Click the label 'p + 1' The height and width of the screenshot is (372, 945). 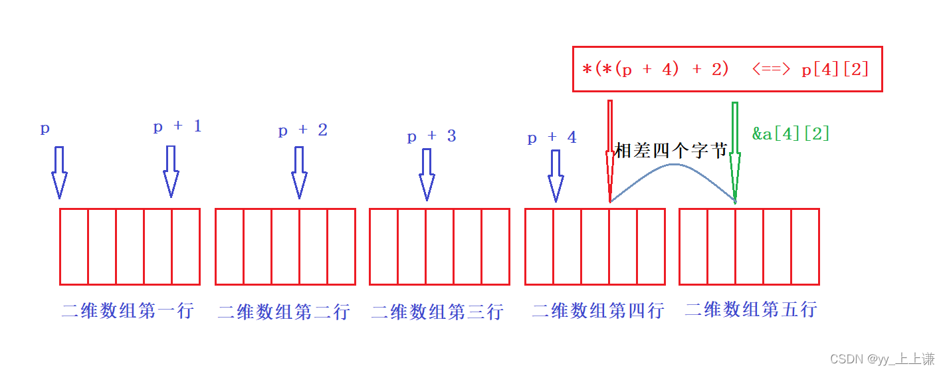click(177, 127)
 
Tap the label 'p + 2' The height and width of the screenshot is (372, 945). click(302, 130)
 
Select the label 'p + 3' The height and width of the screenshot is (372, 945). click(431, 137)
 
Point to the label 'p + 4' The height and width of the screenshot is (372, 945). click(552, 138)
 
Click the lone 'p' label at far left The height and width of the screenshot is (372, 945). click(45, 129)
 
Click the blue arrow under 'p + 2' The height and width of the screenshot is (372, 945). click(299, 172)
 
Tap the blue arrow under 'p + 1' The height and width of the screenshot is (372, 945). click(171, 171)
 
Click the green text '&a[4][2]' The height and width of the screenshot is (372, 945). click(791, 134)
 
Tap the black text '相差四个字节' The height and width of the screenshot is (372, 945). click(671, 151)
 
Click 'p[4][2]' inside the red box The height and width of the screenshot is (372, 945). click(835, 69)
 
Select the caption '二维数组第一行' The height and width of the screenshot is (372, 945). click(128, 310)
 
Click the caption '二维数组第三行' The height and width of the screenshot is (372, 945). click(437, 312)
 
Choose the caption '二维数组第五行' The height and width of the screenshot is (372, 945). click(751, 310)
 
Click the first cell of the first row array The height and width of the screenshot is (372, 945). click(74, 246)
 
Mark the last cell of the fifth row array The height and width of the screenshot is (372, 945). click(805, 246)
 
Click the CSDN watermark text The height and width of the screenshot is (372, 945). click(883, 359)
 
